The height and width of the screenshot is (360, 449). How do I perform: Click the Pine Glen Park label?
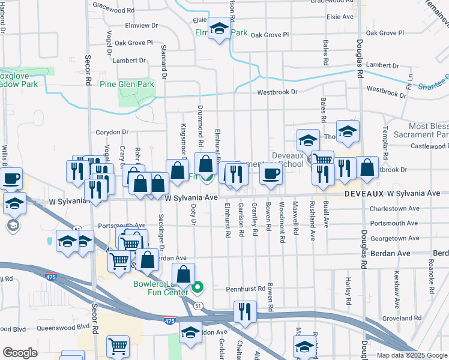click(127, 84)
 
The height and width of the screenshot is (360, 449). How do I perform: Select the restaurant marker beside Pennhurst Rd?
click(245, 311)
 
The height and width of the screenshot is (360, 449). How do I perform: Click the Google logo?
click(20, 353)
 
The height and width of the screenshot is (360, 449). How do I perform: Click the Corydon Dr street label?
click(112, 132)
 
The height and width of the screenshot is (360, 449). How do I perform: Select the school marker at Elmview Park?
click(220, 29)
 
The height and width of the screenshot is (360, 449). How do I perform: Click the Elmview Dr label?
click(140, 26)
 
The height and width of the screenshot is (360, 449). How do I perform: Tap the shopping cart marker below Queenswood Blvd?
click(118, 347)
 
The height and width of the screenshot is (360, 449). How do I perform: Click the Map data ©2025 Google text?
click(411, 355)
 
